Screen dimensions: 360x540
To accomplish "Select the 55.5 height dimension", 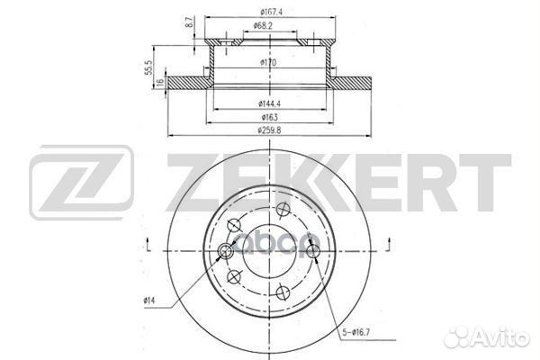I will (158, 67).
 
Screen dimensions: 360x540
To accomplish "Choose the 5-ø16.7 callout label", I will (355, 334).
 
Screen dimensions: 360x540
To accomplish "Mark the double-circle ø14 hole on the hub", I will (225, 251).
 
